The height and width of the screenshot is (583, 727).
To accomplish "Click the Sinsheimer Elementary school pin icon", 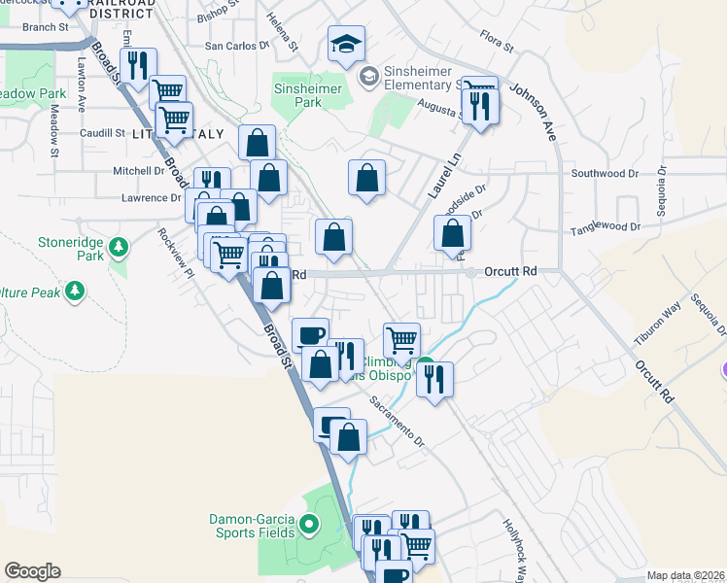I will click(x=368, y=76).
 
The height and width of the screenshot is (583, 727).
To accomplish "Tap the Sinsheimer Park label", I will click(x=310, y=94).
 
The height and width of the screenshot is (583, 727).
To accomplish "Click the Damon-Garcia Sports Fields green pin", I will click(x=310, y=527).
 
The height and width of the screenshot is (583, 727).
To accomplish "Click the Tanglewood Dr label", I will click(x=607, y=227).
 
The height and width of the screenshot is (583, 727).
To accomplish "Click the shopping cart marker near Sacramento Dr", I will click(x=401, y=340).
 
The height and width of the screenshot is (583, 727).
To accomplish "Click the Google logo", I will click(x=32, y=571).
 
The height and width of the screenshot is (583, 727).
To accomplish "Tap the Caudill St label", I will click(x=102, y=133).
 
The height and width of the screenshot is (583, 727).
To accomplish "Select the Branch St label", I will click(x=45, y=28).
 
